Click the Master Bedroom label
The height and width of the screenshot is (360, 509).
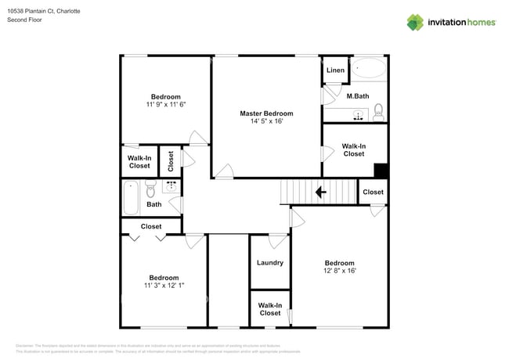266,113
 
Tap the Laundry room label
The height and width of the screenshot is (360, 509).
269,263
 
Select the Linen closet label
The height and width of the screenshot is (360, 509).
335,70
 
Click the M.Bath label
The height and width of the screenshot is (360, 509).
357,96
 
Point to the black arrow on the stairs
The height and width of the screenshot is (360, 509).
320,192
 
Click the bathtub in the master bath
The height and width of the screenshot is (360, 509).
368,69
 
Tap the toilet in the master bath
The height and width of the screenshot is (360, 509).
378,111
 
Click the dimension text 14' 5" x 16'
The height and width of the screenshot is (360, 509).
266,121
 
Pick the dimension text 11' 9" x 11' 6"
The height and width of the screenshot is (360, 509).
165,104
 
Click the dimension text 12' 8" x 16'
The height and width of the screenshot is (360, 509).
339,271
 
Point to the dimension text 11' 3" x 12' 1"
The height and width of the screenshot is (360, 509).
164,286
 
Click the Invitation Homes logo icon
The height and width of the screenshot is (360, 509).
415,22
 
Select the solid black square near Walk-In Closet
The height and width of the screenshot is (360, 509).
381,171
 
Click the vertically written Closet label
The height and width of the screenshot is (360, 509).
170,161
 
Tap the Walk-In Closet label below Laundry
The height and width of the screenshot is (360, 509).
269,309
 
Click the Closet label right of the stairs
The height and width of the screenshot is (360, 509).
373,192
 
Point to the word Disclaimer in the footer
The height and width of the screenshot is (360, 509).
25,345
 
